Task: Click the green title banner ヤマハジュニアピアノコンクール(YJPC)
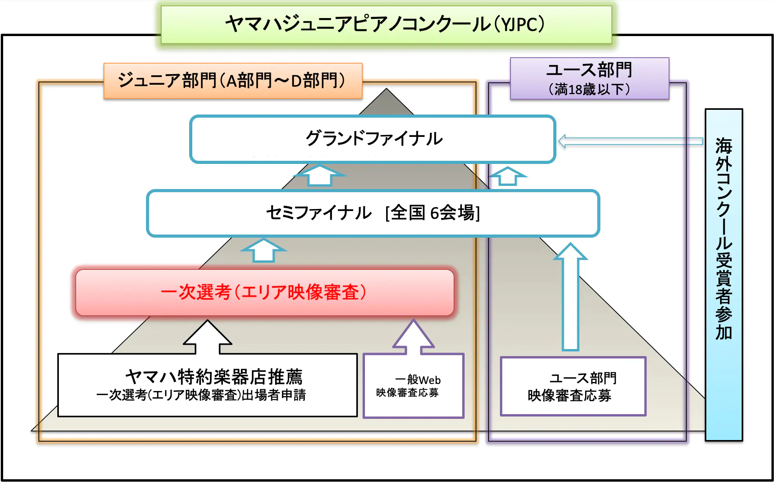coord(386,24)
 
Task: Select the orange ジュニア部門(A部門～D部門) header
coord(233,80)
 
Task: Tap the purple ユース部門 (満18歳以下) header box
coord(589,78)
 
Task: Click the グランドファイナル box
coord(373,139)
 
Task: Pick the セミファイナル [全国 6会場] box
coord(373,213)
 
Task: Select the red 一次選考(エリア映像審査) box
coord(265,292)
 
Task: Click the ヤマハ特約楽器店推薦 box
coord(208,385)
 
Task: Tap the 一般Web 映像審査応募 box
coord(414,386)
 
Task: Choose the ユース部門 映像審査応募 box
coord(573,386)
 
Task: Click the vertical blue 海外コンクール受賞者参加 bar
coord(724,275)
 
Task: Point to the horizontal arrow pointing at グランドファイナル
coord(630,141)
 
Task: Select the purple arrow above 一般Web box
coord(414,337)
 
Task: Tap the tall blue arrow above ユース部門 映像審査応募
coord(571,296)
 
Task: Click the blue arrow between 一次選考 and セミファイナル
coord(264,250)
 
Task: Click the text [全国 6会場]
coord(433,213)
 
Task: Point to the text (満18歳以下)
coord(589,89)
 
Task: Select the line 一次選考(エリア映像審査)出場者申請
coord(201,395)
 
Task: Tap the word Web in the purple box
coord(430,380)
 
